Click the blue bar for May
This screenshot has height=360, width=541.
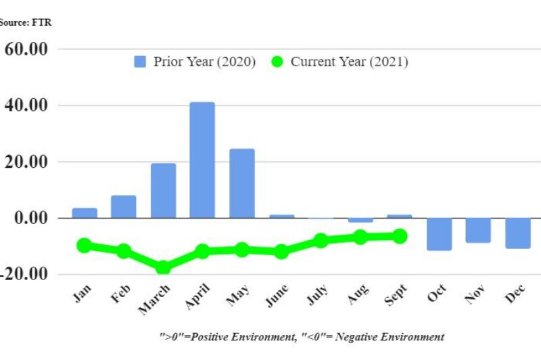point(241,183)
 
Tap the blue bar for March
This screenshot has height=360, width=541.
point(163,190)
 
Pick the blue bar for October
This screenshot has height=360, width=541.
point(439,234)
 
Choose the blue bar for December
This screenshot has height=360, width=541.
point(517,233)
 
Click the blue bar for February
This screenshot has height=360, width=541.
point(124,206)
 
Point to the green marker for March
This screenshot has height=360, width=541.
point(163,267)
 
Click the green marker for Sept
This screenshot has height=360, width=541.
point(400,236)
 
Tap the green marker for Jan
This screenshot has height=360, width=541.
point(85,246)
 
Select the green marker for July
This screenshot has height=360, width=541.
point(321,240)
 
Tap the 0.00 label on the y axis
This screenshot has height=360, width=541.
point(30,218)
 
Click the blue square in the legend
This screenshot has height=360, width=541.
point(141,62)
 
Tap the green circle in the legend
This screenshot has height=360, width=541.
point(277,62)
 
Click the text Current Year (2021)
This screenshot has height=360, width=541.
point(349,62)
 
